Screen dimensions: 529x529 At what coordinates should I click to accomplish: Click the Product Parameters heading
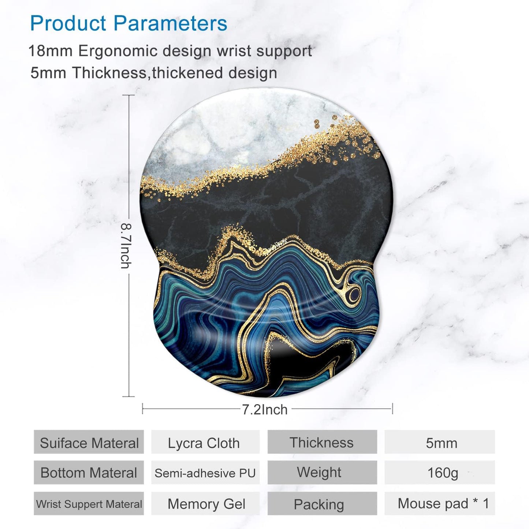point(128,23)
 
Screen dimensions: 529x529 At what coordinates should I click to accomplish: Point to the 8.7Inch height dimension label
point(126,246)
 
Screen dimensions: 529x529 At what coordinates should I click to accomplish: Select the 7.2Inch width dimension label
point(265,409)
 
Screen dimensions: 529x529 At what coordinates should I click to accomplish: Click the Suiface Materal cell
point(89,443)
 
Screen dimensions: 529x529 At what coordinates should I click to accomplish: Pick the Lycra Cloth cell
point(204,443)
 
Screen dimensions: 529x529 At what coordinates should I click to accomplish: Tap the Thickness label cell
point(322,443)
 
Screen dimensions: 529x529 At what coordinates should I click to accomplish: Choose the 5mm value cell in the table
point(441,443)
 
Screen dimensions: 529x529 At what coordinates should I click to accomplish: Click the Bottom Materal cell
point(89,473)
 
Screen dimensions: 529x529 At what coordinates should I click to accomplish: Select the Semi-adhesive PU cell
point(205,473)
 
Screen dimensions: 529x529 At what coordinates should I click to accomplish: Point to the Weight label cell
point(319,472)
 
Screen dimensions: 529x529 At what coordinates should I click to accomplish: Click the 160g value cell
point(442,473)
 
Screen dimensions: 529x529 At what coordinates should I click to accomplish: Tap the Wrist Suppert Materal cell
point(89,504)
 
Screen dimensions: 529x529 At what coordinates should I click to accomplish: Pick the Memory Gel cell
point(206,504)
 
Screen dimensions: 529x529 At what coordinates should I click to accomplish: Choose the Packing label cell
point(319,504)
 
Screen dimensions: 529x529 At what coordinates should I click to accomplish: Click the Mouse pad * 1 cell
point(443,504)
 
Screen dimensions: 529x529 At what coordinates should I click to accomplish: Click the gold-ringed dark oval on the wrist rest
point(354,293)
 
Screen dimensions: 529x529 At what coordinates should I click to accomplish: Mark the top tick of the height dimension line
point(128,95)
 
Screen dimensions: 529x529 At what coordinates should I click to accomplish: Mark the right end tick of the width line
point(392,409)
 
